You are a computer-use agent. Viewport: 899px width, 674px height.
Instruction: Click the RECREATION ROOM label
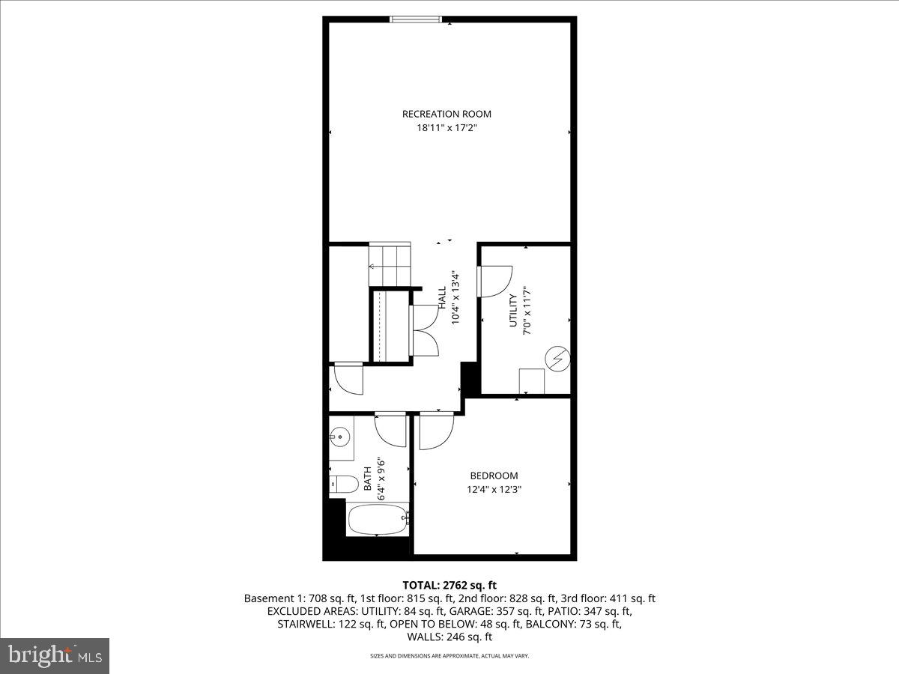447,114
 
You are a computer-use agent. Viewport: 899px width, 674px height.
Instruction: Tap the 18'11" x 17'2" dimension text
447,128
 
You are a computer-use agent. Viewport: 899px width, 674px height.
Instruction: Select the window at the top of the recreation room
416,19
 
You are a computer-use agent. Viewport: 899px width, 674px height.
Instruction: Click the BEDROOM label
494,476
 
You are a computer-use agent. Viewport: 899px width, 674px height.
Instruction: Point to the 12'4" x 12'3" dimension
494,490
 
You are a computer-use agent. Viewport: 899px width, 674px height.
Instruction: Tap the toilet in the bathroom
342,485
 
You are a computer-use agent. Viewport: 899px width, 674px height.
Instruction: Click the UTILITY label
513,310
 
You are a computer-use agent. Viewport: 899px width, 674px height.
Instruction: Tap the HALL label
442,300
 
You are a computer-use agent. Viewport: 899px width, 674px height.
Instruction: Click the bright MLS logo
55,655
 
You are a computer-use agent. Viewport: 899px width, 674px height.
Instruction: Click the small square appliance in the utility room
533,380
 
